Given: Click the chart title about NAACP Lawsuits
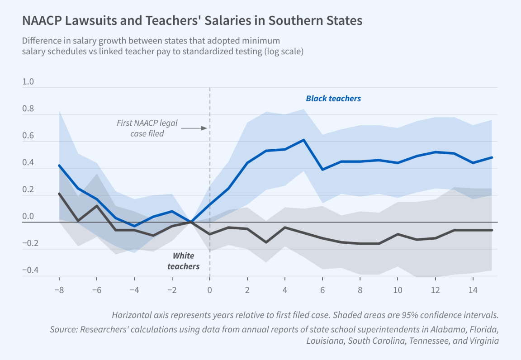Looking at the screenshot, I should pyautogui.click(x=192, y=21).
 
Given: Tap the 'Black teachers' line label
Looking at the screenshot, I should pyautogui.click(x=333, y=98).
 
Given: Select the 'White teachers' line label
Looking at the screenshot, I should pyautogui.click(x=183, y=261).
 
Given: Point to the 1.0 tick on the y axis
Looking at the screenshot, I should pyautogui.click(x=28, y=82).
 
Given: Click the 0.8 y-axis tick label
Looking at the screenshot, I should pyautogui.click(x=28, y=109).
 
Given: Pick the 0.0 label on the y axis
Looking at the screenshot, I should pyautogui.click(x=28, y=217).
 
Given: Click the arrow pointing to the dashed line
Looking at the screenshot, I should pyautogui.click(x=194, y=128).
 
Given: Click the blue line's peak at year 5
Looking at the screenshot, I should pyautogui.click(x=304, y=140).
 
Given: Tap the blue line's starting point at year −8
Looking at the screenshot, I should pyautogui.click(x=59, y=166).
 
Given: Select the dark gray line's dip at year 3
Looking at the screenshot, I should pyautogui.click(x=266, y=242).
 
